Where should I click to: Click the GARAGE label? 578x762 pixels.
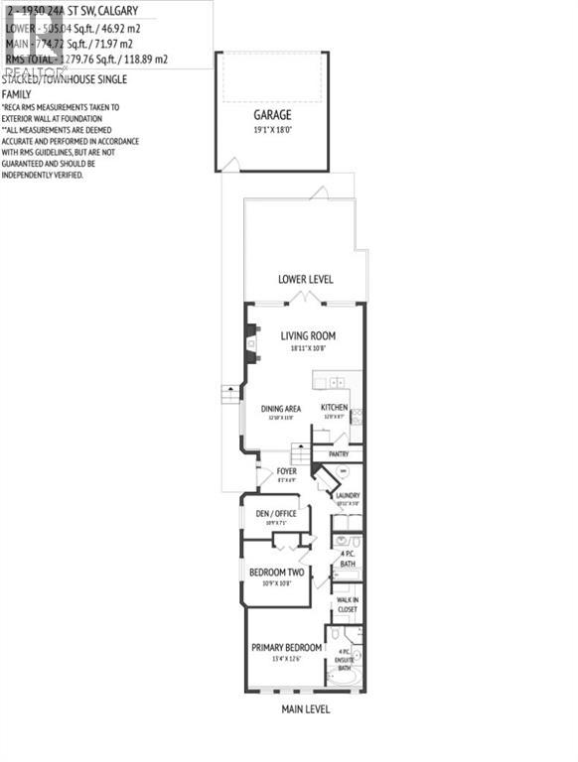click(271, 115)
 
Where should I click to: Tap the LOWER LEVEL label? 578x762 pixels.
click(305, 280)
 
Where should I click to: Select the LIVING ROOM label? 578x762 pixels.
click(307, 336)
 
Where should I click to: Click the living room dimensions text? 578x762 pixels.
click(307, 348)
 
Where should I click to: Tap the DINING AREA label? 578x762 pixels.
click(281, 408)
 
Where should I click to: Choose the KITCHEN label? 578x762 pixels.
click(334, 408)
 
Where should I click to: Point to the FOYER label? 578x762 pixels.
click(287, 470)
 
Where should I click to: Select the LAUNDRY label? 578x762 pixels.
click(347, 495)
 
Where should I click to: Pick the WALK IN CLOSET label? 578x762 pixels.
click(347, 604)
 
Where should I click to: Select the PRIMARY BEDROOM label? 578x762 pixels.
click(286, 648)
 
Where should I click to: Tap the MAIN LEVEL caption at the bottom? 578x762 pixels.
click(305, 709)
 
